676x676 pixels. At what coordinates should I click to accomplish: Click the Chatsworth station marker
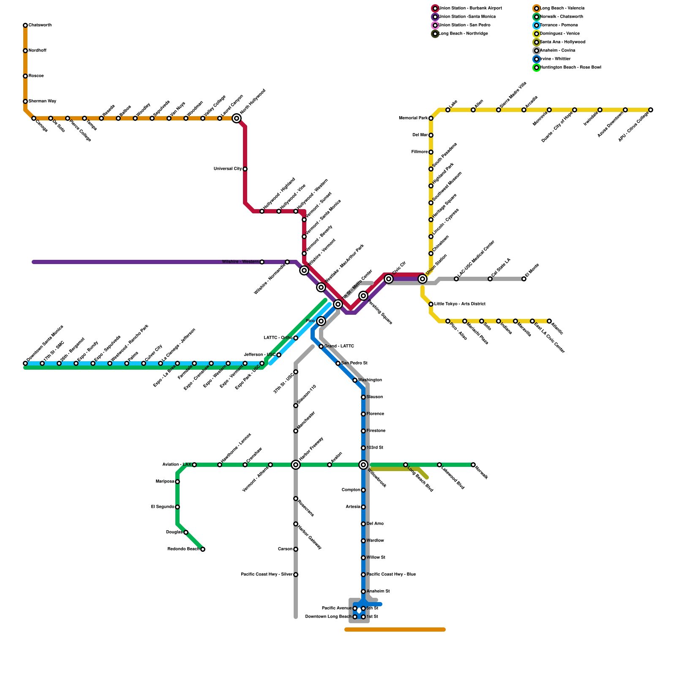25,25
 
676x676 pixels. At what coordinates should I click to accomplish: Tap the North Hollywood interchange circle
237,118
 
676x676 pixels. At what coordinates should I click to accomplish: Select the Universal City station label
228,169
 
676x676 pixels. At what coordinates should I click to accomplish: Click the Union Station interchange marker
422,279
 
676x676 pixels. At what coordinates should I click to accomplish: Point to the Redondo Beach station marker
203,549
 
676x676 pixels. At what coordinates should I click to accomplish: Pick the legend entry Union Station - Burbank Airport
470,8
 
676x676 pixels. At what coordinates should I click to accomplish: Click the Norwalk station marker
473,465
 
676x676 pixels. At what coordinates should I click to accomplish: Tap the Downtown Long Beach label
328,617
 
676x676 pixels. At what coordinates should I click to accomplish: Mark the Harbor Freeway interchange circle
296,465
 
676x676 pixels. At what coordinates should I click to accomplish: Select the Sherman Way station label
42,101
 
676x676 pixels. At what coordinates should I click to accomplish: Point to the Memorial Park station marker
431,118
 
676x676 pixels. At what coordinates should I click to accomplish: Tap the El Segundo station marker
177,507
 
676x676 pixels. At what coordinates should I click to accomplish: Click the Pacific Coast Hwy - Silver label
267,575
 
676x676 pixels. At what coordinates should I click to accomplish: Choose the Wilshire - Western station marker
262,262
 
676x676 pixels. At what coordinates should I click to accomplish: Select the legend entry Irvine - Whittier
555,59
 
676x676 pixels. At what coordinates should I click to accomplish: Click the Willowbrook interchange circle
363,465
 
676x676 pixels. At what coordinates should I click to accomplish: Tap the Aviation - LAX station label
177,465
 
